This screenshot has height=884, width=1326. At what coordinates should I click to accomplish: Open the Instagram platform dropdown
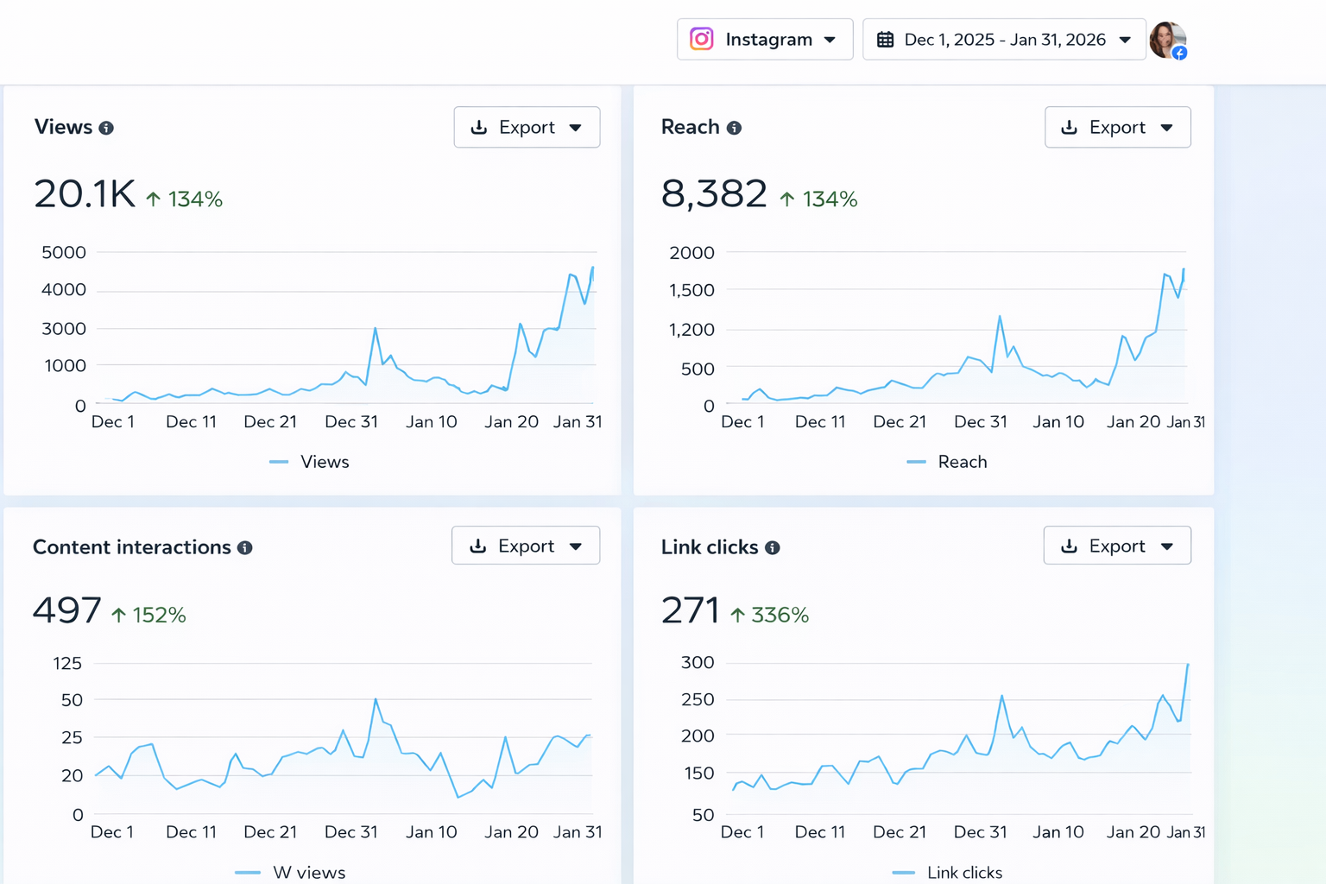(x=764, y=40)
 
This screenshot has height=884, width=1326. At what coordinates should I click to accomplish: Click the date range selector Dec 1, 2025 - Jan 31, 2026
(x=1003, y=40)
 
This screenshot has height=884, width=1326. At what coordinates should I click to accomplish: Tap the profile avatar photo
(x=1167, y=40)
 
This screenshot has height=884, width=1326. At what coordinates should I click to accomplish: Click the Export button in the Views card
(x=527, y=128)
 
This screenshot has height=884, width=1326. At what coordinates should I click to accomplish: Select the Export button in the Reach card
(x=1117, y=128)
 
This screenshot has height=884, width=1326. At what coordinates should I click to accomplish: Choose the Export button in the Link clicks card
(x=1116, y=546)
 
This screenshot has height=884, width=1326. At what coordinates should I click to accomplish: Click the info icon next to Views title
(x=106, y=128)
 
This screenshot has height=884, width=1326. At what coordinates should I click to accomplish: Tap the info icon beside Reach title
(x=734, y=128)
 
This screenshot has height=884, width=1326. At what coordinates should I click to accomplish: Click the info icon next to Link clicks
(x=773, y=547)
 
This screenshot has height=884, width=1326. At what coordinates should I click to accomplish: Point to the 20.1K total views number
(x=85, y=194)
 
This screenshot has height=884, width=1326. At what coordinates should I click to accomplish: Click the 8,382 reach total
(x=714, y=194)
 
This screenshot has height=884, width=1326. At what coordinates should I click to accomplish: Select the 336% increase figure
(x=779, y=615)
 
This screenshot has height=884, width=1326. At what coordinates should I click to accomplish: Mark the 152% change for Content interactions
(x=158, y=615)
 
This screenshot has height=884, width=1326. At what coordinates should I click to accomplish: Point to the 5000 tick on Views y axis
(x=64, y=253)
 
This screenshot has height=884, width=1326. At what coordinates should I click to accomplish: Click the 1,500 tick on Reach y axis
(x=691, y=291)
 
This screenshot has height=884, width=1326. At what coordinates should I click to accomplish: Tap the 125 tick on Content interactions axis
(x=67, y=664)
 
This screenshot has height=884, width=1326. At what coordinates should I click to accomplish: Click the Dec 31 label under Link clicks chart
(x=980, y=832)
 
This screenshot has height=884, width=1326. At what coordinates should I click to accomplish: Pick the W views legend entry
(x=308, y=873)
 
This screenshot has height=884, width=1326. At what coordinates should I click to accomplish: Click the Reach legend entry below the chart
(x=962, y=462)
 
